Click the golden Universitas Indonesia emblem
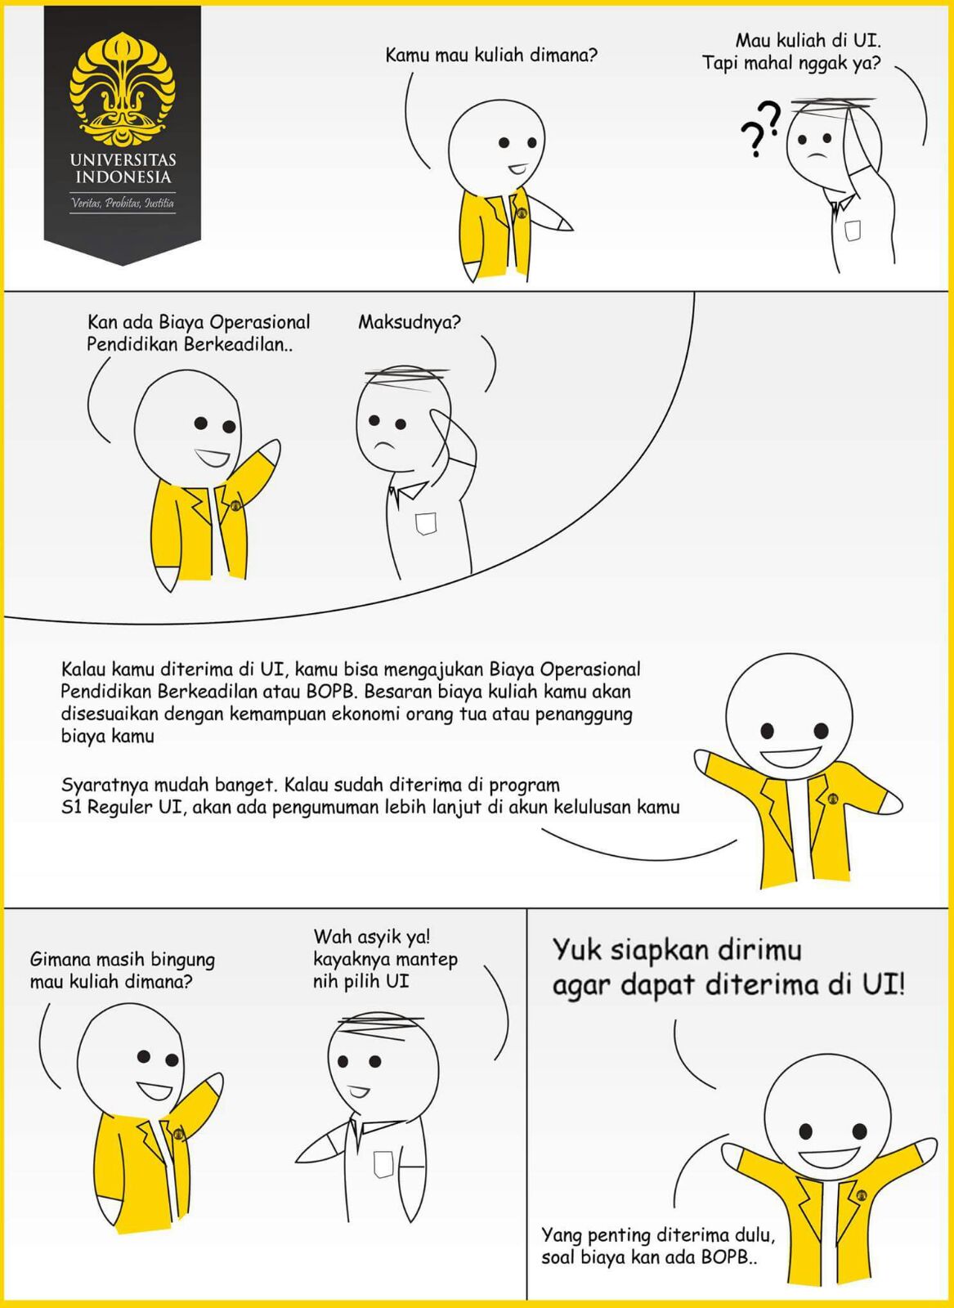click(x=123, y=89)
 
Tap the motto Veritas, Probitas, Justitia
click(x=123, y=203)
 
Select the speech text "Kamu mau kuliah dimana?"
click(x=491, y=56)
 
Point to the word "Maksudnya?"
click(x=410, y=322)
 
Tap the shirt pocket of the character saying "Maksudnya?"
click(x=426, y=524)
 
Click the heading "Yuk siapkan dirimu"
click(x=677, y=949)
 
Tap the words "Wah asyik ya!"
click(x=372, y=937)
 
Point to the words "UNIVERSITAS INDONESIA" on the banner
click(x=123, y=168)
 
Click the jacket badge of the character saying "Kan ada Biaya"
click(x=236, y=505)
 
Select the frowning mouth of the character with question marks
click(x=817, y=155)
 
